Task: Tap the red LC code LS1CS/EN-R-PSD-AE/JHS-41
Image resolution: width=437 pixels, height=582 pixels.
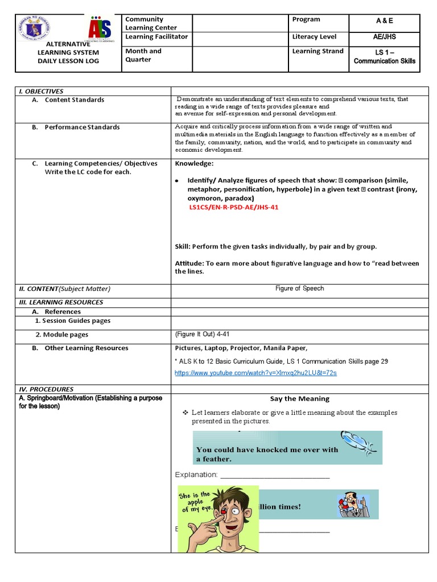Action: [x=234, y=207]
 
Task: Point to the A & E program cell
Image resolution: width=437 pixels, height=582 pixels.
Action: [x=384, y=20]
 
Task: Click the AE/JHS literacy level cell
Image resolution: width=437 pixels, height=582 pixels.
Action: [x=384, y=37]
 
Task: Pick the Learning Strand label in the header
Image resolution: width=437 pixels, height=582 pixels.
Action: [x=318, y=51]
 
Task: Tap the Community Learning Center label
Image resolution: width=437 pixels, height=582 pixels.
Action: [x=151, y=23]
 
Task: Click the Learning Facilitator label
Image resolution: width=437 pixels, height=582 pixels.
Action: [x=156, y=37]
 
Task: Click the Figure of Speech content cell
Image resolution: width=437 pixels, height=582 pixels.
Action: [x=299, y=288]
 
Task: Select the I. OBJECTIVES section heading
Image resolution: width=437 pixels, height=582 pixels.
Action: [x=41, y=91]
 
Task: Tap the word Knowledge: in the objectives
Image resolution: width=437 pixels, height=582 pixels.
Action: [x=194, y=164]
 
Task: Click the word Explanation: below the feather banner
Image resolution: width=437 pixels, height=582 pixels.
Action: [x=196, y=475]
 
